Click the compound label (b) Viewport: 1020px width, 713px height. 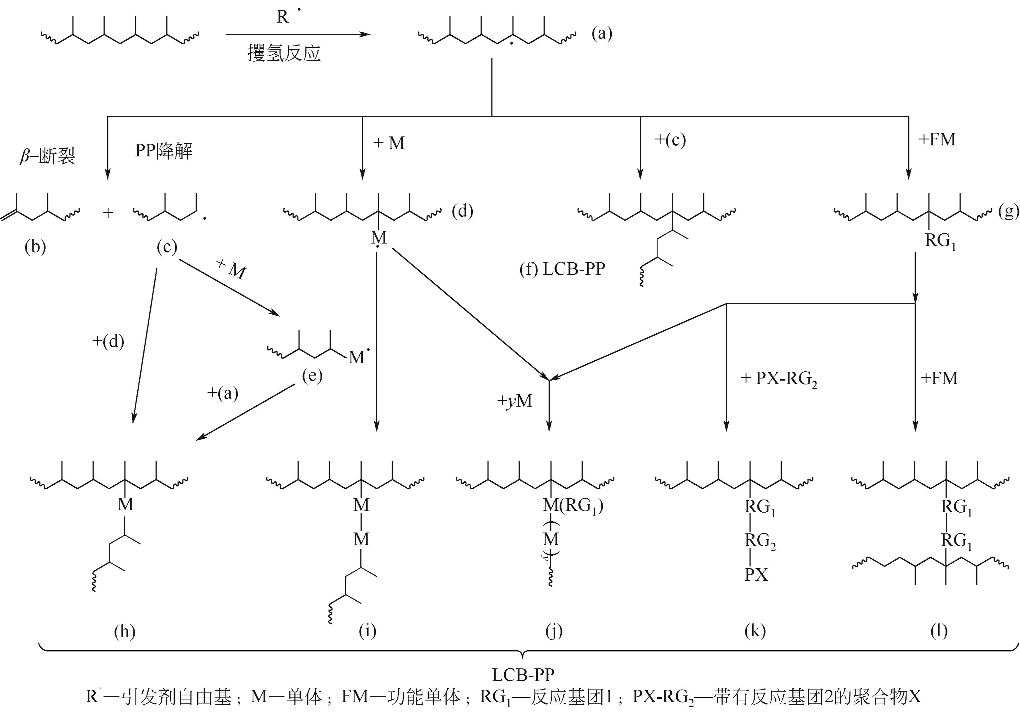[x=36, y=247]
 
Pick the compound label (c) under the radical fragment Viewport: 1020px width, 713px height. [x=167, y=247]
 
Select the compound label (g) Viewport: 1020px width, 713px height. [x=1008, y=212]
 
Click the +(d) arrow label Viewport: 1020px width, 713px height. [x=108, y=341]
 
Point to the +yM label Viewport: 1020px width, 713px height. [x=514, y=401]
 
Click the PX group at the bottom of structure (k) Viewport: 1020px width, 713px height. [x=756, y=575]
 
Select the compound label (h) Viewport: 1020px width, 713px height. [x=124, y=631]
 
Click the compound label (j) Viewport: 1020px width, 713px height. [x=554, y=631]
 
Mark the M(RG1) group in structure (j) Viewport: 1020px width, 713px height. [x=573, y=506]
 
